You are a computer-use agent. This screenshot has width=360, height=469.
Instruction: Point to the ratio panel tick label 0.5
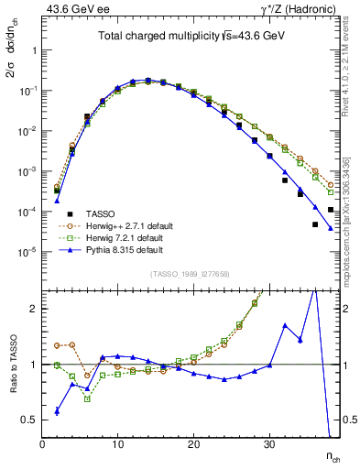click(29, 420)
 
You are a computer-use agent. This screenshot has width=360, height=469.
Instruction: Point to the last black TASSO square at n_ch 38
click(331, 210)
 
